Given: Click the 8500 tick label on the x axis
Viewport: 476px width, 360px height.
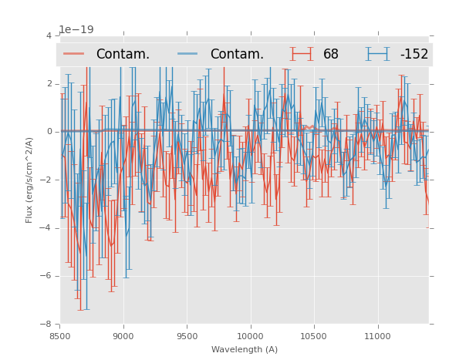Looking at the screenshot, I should [59, 336].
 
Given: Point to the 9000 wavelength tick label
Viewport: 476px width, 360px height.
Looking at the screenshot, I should [123, 336].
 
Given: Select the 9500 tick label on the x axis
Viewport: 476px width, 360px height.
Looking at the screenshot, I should [187, 336].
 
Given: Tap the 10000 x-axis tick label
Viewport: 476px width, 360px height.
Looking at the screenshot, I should [250, 336].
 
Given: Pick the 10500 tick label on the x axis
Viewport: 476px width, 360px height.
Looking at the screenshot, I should [314, 336].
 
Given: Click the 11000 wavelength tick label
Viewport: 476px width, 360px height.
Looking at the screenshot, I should [377, 336].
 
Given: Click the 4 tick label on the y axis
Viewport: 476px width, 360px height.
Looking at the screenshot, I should [49, 36].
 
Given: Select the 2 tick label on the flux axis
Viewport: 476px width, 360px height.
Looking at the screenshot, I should [49, 84].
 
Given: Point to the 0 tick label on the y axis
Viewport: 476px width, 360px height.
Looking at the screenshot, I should [49, 132].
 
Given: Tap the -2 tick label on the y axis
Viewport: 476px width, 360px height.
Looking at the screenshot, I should [46, 180].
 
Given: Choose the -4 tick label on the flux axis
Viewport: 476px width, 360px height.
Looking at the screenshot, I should [46, 228].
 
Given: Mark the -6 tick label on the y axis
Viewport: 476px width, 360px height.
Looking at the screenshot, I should [46, 276].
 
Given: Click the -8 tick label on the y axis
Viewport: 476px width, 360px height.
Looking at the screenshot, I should [46, 324].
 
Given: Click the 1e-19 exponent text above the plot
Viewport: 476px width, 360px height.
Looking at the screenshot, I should [76, 30].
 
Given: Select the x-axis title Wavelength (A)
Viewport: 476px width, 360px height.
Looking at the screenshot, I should [245, 349].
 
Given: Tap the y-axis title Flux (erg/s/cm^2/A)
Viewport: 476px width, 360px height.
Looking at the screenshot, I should [29, 180].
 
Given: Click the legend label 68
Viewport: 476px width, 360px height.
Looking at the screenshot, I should [330, 55].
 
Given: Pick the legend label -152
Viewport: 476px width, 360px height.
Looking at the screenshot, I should [414, 55].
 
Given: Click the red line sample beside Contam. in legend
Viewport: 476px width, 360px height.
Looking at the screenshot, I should [75, 54].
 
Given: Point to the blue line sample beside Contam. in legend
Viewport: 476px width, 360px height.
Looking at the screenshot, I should [189, 54].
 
